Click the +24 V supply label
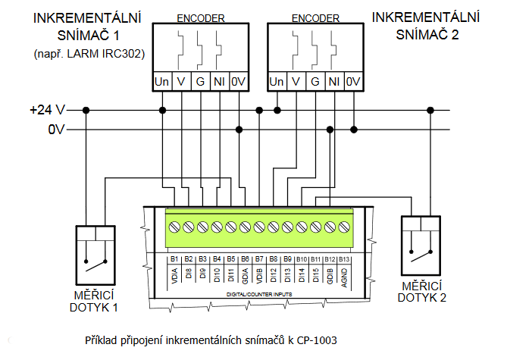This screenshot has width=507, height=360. tap(47, 111)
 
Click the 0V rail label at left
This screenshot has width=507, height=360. tap(55, 130)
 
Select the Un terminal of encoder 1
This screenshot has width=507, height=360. tap(161, 81)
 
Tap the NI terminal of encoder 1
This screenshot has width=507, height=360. tap(218, 81)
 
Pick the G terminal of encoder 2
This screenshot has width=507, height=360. tap(315, 81)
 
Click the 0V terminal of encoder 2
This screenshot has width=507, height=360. tap(353, 81)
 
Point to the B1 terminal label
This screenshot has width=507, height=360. tap(174, 260)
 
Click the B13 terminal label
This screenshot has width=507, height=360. tap(345, 260)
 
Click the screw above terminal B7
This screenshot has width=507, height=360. tap(259, 226)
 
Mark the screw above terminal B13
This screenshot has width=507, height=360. tap(345, 226)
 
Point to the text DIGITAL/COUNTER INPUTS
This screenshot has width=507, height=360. tap(259, 292)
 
